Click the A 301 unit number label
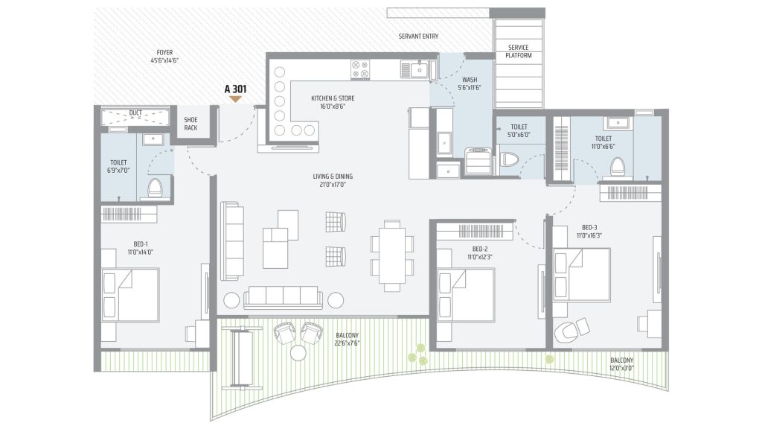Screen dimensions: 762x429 tap(235, 89)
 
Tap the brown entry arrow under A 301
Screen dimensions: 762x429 tap(235, 99)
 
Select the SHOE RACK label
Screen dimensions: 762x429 tap(190, 124)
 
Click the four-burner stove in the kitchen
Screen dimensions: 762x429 tap(360, 69)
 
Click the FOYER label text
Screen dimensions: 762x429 tap(164, 53)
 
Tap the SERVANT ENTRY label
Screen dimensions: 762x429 tap(418, 36)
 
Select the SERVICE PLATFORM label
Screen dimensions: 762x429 tap(519, 51)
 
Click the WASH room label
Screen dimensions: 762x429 tap(470, 80)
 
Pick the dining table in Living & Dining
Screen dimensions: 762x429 tap(392, 255)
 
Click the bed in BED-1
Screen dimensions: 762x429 tap(130, 295)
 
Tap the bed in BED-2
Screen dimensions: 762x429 tap(466, 295)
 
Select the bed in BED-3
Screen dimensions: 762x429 tap(582, 275)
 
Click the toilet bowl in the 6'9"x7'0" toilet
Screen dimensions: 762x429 tap(155, 188)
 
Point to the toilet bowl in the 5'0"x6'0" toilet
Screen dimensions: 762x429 tap(509, 159)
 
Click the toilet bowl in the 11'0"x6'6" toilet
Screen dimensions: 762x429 tap(617, 166)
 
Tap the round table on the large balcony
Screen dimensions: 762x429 tap(298, 352)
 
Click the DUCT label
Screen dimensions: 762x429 tap(135, 113)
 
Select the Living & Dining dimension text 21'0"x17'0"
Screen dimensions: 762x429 tap(333, 185)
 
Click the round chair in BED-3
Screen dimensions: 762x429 tap(566, 331)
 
